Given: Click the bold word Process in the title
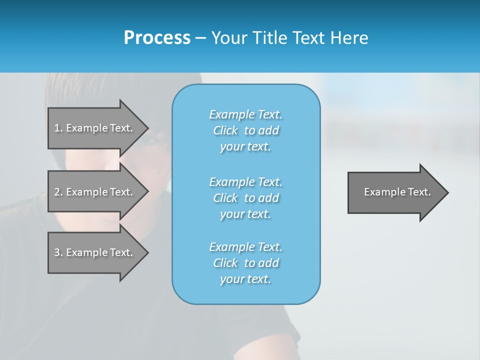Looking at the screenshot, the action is [x=157, y=38].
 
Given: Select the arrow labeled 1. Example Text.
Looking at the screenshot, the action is [x=93, y=128].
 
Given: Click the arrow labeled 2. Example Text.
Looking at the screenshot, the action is [x=93, y=192].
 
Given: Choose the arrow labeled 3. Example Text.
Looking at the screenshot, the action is [x=93, y=252].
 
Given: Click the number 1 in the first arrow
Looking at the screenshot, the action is [x=57, y=128].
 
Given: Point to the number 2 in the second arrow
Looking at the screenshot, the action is [x=57, y=192].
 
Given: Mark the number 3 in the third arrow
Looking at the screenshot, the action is [x=57, y=252].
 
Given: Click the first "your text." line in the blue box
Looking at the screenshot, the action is [x=245, y=147].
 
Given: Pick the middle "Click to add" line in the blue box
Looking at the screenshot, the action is [x=246, y=198].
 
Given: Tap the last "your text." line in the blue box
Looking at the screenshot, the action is [x=245, y=279].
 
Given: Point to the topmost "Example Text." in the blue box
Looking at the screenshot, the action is [x=246, y=114].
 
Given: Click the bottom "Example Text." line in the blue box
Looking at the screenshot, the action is [x=246, y=247].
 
